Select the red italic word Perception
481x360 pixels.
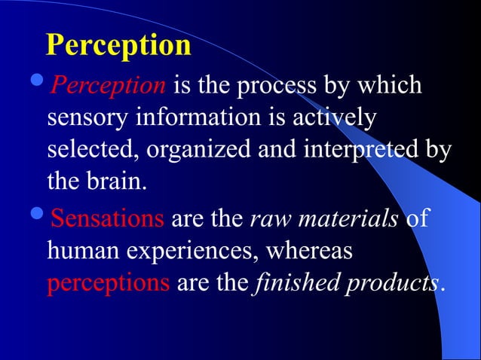coord(108,87)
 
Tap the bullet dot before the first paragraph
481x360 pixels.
coord(39,85)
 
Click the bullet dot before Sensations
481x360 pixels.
coord(39,219)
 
